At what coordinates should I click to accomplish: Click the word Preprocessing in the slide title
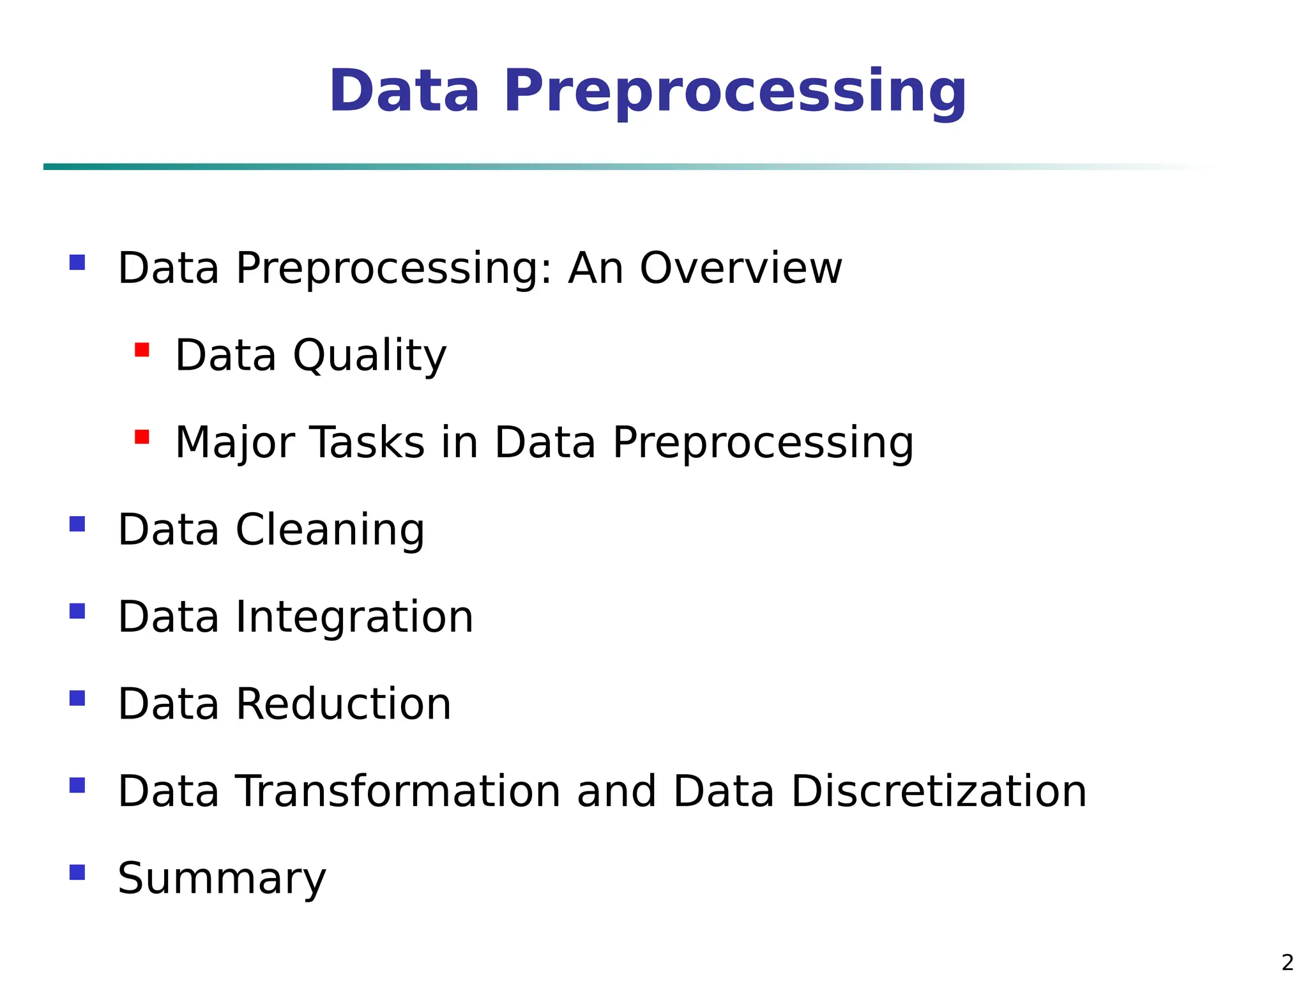coord(735,92)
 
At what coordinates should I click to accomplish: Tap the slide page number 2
coord(1288,962)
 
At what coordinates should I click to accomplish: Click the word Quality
coord(370,356)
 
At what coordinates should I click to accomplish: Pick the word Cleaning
coord(330,530)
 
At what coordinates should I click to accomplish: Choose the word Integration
coord(354,617)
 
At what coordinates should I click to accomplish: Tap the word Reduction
coord(344,704)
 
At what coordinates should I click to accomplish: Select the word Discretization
coord(938,791)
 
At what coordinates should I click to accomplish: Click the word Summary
coord(222,879)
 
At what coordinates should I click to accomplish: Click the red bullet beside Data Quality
coord(142,350)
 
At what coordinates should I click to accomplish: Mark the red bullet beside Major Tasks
coord(142,437)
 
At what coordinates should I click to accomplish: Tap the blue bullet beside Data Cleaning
coord(77,524)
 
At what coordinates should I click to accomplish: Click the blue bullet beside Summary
coord(77,872)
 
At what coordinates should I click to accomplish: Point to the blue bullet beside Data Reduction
coord(77,698)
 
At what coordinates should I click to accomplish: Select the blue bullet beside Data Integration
coord(77,611)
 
